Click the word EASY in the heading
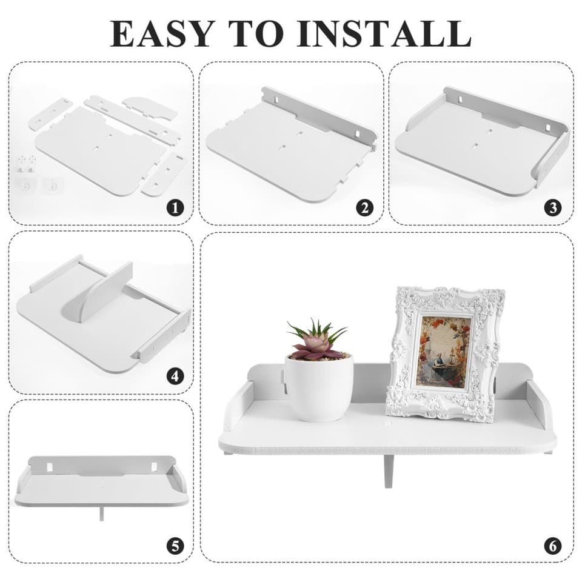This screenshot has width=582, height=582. tap(162, 34)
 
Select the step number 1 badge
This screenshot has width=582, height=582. tap(175, 208)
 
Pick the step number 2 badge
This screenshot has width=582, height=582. tap(364, 208)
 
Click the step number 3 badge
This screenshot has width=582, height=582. tap(553, 208)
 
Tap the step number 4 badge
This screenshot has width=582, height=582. tap(175, 376)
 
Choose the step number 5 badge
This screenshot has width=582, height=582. tap(175, 546)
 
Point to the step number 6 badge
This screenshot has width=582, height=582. tap(553, 546)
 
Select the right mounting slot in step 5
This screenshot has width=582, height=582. tap(153, 467)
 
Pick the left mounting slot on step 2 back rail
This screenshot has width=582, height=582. tap(277, 100)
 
